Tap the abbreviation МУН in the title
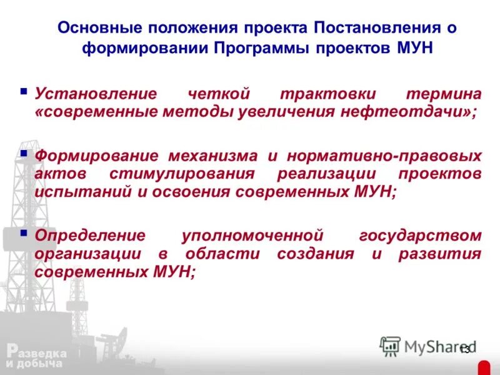(x=415, y=48)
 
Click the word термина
(x=444, y=94)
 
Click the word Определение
(x=90, y=236)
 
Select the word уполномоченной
(x=251, y=236)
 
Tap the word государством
(x=421, y=236)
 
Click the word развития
(x=447, y=254)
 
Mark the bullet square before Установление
(x=24, y=92)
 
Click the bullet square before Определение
(x=24, y=233)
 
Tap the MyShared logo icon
(x=390, y=346)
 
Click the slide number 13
(x=464, y=349)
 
